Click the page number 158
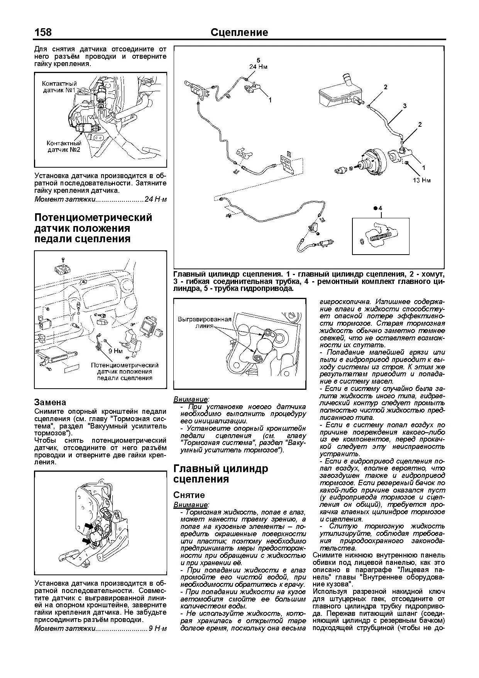click(x=43, y=32)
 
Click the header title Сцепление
click(x=239, y=32)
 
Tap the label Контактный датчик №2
click(x=64, y=146)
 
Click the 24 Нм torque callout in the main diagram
click(x=258, y=67)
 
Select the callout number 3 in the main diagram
click(x=405, y=106)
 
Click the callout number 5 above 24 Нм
click(x=259, y=60)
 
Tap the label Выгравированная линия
click(x=205, y=322)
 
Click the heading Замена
click(x=50, y=402)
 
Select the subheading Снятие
click(x=189, y=495)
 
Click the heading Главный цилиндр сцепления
click(x=220, y=474)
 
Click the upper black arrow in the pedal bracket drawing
click(x=90, y=526)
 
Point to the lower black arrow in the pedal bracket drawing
click(x=86, y=542)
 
